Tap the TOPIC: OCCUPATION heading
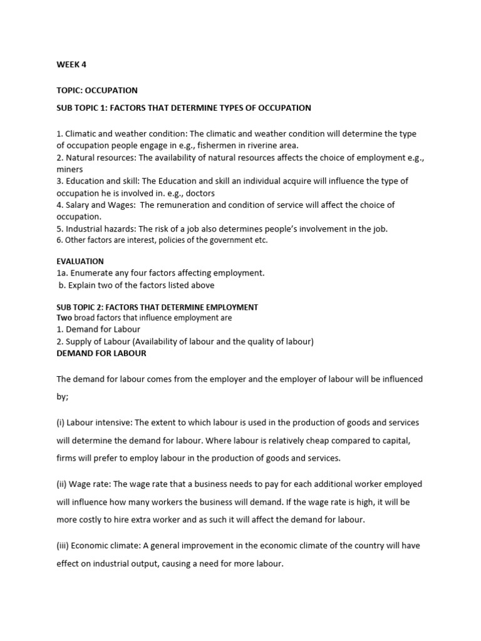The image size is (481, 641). pyautogui.click(x=97, y=91)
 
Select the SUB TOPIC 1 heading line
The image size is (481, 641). pyautogui.click(x=184, y=108)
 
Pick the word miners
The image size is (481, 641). pyautogui.click(x=70, y=169)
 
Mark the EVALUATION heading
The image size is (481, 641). pyautogui.click(x=80, y=261)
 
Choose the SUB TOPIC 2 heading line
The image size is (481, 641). pyautogui.click(x=157, y=307)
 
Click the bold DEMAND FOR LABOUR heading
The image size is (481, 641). pyautogui.click(x=101, y=353)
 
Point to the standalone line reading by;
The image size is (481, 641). pyautogui.click(x=63, y=397)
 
